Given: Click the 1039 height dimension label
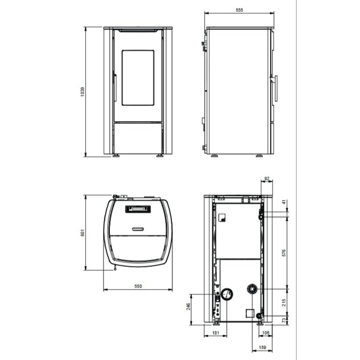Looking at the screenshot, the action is pyautogui.click(x=82, y=92).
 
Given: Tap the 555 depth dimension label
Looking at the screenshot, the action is pyautogui.click(x=239, y=10).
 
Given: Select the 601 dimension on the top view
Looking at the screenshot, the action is pyautogui.click(x=83, y=233).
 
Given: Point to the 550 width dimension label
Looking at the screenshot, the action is pyautogui.click(x=138, y=286).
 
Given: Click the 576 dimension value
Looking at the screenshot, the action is pyautogui.click(x=284, y=253).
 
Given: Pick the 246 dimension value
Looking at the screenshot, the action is pyautogui.click(x=188, y=306).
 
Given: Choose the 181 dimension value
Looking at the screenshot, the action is pyautogui.click(x=216, y=333).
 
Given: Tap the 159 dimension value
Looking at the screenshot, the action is pyautogui.click(x=262, y=347).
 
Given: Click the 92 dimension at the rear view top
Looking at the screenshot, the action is pyautogui.click(x=267, y=178).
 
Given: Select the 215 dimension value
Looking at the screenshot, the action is pyautogui.click(x=284, y=302).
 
